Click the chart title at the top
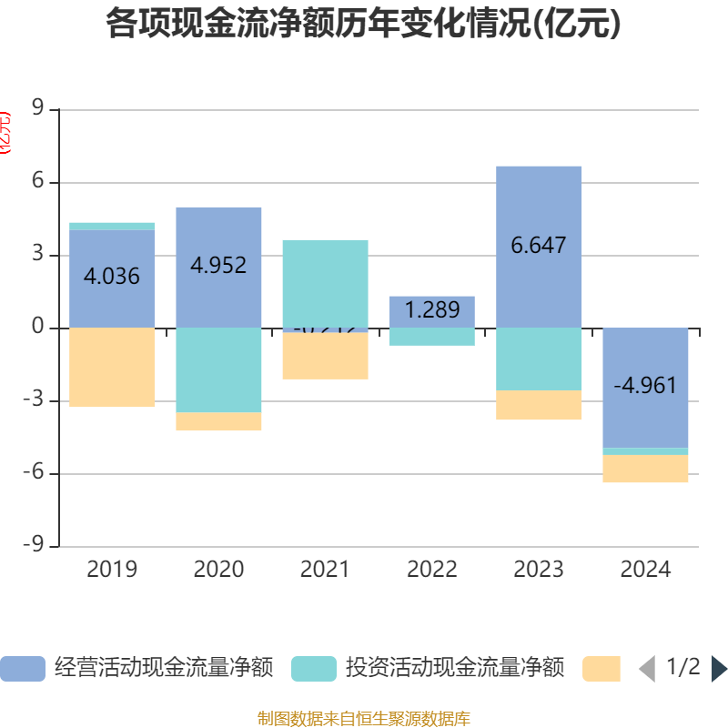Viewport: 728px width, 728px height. pos(364,24)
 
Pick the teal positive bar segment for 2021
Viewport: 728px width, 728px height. pos(325,282)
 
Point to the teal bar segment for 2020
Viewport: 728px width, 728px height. pos(218,369)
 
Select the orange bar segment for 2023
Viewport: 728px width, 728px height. pos(539,405)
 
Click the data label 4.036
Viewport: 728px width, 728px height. pos(112,276)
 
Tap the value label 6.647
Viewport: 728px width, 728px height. pos(539,245)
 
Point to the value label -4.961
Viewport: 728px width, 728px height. pos(645,385)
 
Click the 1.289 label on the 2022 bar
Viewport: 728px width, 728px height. pos(432,309)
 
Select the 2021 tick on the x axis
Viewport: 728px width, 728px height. pos(325,570)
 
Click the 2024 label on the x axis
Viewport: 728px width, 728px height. pos(645,570)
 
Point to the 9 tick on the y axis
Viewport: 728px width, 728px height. pos(38,109)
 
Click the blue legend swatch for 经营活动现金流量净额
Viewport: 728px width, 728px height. pos(22,669)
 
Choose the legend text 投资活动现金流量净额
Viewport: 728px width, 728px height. pos(454,669)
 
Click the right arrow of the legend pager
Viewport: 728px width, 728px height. pos(719,669)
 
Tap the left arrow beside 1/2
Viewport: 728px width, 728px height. pos(647,669)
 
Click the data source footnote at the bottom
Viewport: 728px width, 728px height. pos(364,719)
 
